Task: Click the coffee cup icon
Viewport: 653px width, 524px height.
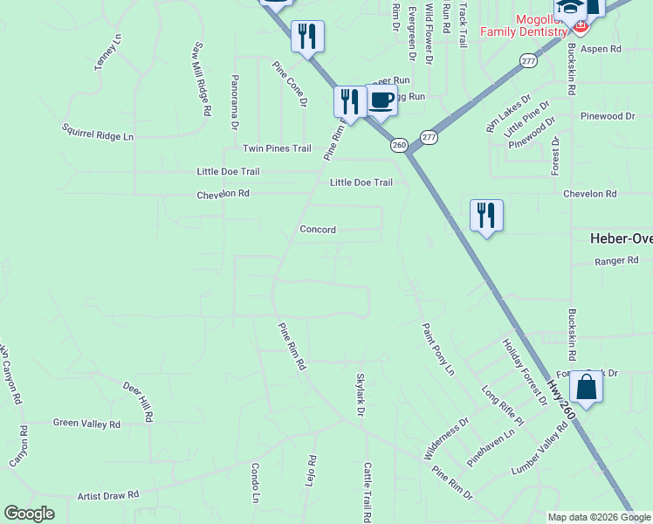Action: coord(381,100)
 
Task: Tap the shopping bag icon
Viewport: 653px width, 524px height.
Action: coord(587,387)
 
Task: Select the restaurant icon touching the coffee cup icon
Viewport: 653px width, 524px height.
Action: coord(347,100)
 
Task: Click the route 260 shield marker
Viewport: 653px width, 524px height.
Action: coord(399,145)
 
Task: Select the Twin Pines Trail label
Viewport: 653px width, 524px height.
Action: coord(277,148)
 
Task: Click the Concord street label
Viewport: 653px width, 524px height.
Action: coord(318,230)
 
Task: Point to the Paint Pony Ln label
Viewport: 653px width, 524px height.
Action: coord(438,348)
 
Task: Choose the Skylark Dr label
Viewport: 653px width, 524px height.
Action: coord(359,393)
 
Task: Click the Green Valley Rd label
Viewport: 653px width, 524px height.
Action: coord(86,424)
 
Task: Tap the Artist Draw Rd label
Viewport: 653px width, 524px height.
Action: coord(108,495)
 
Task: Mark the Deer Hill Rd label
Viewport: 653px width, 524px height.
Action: coord(138,402)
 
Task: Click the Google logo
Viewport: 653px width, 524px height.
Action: coord(29,514)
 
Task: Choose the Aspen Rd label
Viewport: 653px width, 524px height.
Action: coord(600,49)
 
